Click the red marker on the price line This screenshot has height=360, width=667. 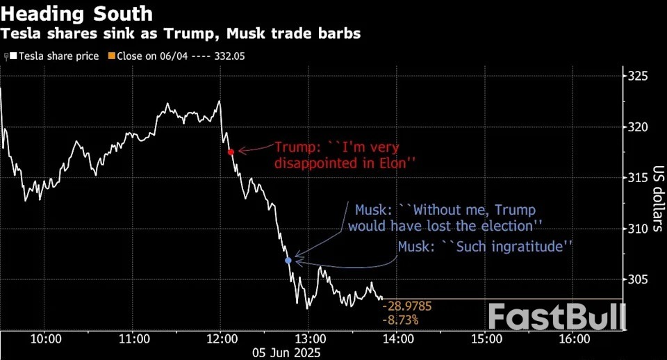tap(231, 151)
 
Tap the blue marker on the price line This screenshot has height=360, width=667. tap(289, 260)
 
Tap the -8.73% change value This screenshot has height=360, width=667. tap(400, 320)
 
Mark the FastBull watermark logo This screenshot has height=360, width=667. tap(556, 317)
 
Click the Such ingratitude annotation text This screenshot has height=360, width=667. tap(484, 246)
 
